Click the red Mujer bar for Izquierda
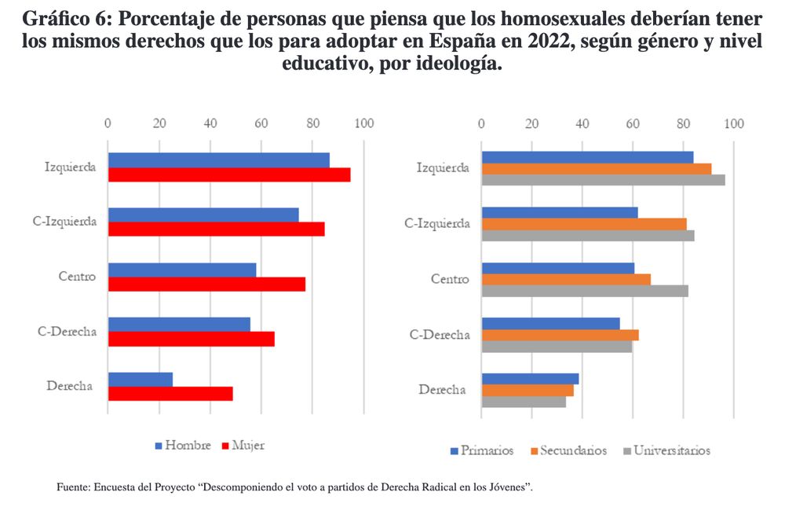[x=229, y=174]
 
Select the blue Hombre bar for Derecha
[x=141, y=380]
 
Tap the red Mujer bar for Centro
[x=206, y=284]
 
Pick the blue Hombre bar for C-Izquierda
[x=203, y=215]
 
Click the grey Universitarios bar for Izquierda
[x=603, y=180]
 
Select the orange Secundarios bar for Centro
[x=566, y=279]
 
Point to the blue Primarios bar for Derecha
[x=530, y=379]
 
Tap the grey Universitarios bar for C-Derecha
[x=557, y=347]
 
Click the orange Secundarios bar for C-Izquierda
[x=584, y=224]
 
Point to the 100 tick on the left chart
[x=363, y=123]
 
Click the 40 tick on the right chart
[x=582, y=123]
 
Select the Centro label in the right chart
[x=451, y=279]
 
